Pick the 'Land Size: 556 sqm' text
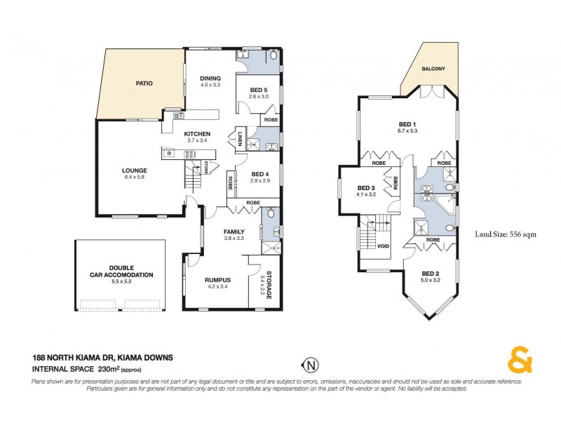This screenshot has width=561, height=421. (x=506, y=234)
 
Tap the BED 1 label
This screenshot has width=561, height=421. (x=407, y=124)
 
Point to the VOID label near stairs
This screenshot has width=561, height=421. (x=383, y=246)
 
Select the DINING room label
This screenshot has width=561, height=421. (x=210, y=79)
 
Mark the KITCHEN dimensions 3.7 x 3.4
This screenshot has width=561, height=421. (x=198, y=140)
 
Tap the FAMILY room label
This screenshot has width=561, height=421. (x=234, y=231)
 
